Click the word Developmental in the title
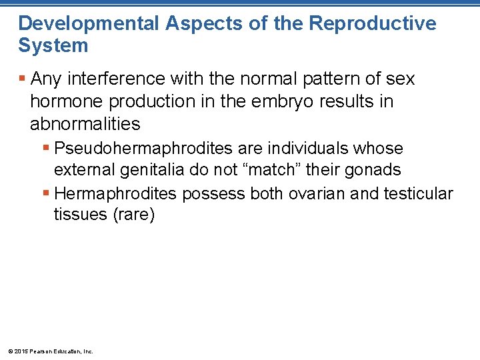pos(89,24)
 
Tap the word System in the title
pos(53,46)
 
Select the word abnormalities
pos(85,123)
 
